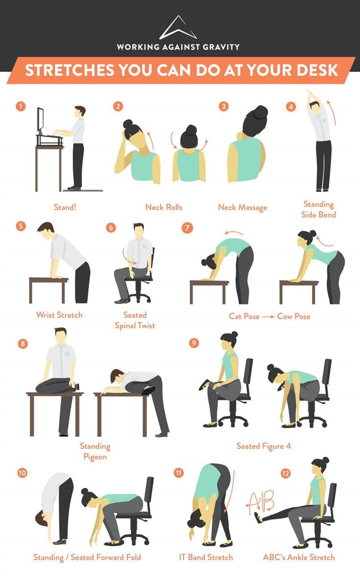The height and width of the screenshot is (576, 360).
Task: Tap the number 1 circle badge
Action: [x=20, y=107]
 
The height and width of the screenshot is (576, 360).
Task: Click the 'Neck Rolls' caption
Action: [x=163, y=207]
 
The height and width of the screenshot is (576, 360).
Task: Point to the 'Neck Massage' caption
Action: [x=243, y=207]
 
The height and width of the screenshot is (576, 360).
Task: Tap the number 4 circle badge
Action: [x=291, y=107]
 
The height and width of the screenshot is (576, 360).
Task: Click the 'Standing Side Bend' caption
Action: [x=318, y=209]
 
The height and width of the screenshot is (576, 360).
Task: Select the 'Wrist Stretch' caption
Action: [x=59, y=315]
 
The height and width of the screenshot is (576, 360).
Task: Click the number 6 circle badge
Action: [x=112, y=227]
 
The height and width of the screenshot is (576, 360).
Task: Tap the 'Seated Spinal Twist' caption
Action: [x=135, y=320]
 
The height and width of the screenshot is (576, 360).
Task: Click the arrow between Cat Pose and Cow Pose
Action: [x=268, y=316]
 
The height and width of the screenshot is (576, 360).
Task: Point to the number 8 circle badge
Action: [x=22, y=343]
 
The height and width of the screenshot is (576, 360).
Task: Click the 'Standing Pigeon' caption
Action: [x=95, y=451]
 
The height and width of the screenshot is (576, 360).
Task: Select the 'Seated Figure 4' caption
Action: [x=263, y=446]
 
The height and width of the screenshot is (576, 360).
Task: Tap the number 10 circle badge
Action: [x=22, y=472]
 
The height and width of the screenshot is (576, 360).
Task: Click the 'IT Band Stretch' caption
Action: [x=205, y=557]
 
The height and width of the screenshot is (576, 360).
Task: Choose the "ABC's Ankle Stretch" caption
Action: [x=298, y=557]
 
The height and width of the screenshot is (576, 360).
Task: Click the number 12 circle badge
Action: [x=286, y=473]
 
